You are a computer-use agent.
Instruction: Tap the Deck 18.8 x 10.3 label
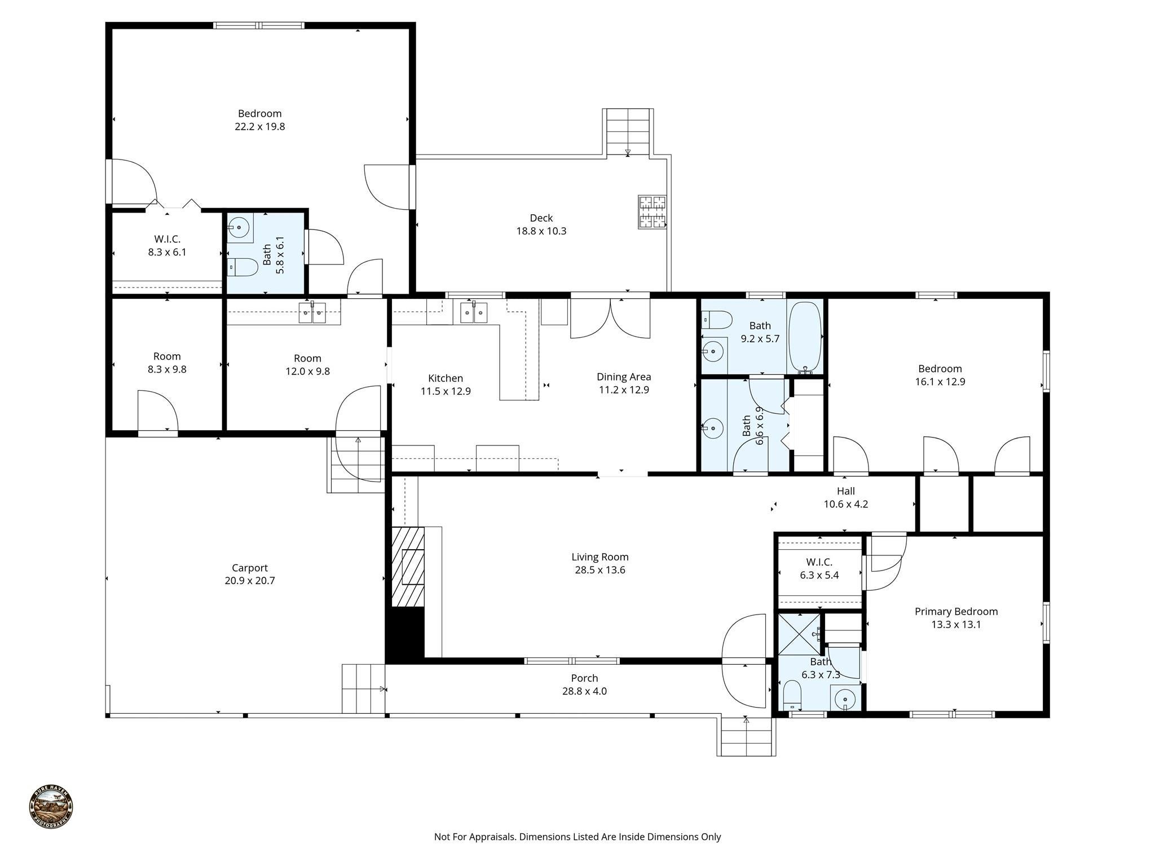[541, 224]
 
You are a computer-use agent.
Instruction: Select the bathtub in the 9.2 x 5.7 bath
[804, 337]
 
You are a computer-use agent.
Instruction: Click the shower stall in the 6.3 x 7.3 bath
[799, 634]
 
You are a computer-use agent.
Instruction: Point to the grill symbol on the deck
[652, 211]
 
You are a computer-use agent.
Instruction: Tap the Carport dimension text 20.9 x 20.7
[249, 581]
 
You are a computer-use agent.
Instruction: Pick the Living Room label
[599, 557]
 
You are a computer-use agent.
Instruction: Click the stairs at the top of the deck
[628, 132]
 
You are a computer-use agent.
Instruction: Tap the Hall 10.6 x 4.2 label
[845, 498]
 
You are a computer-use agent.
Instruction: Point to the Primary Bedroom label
[956, 612]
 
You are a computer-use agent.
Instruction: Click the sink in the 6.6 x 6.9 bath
[713, 428]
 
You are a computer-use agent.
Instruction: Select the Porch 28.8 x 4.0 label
[584, 684]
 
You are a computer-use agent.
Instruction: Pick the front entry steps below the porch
[746, 737]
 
